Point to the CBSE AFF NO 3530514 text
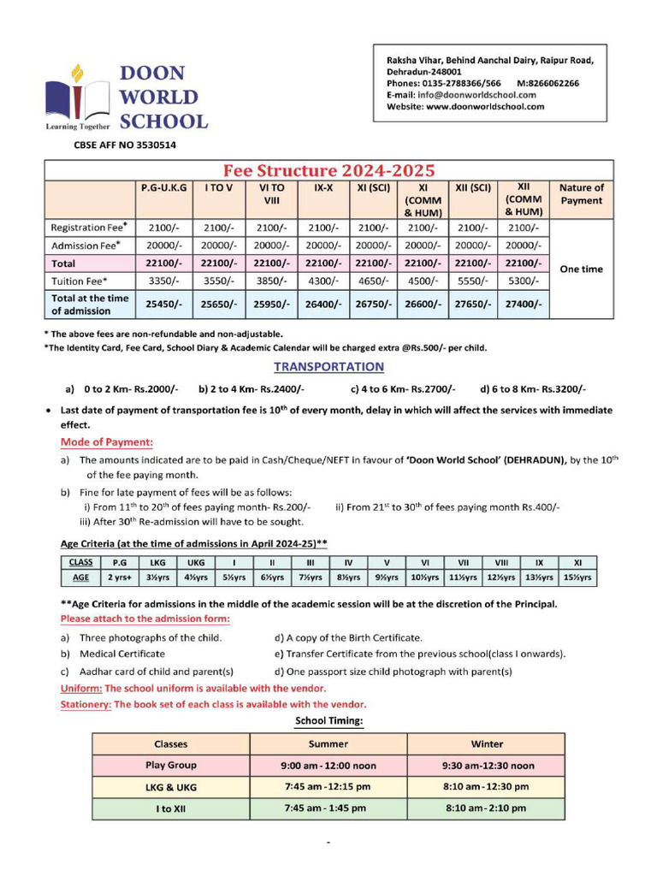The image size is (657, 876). click(125, 145)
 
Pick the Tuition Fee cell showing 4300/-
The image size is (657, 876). click(323, 281)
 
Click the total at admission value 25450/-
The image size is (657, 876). click(163, 304)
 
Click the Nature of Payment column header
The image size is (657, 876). click(581, 194)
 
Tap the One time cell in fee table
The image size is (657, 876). click(581, 269)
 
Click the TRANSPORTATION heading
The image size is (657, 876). click(328, 367)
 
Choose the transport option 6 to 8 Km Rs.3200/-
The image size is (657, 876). click(532, 388)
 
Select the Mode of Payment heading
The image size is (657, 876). click(107, 442)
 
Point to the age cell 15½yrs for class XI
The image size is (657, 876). click(577, 577)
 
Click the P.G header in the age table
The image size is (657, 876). click(119, 562)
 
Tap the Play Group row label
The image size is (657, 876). click(170, 765)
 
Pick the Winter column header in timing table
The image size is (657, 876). click(487, 743)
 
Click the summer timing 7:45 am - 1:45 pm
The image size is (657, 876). click(328, 808)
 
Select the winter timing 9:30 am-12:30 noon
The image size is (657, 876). click(487, 766)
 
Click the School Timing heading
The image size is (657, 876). click(329, 721)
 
